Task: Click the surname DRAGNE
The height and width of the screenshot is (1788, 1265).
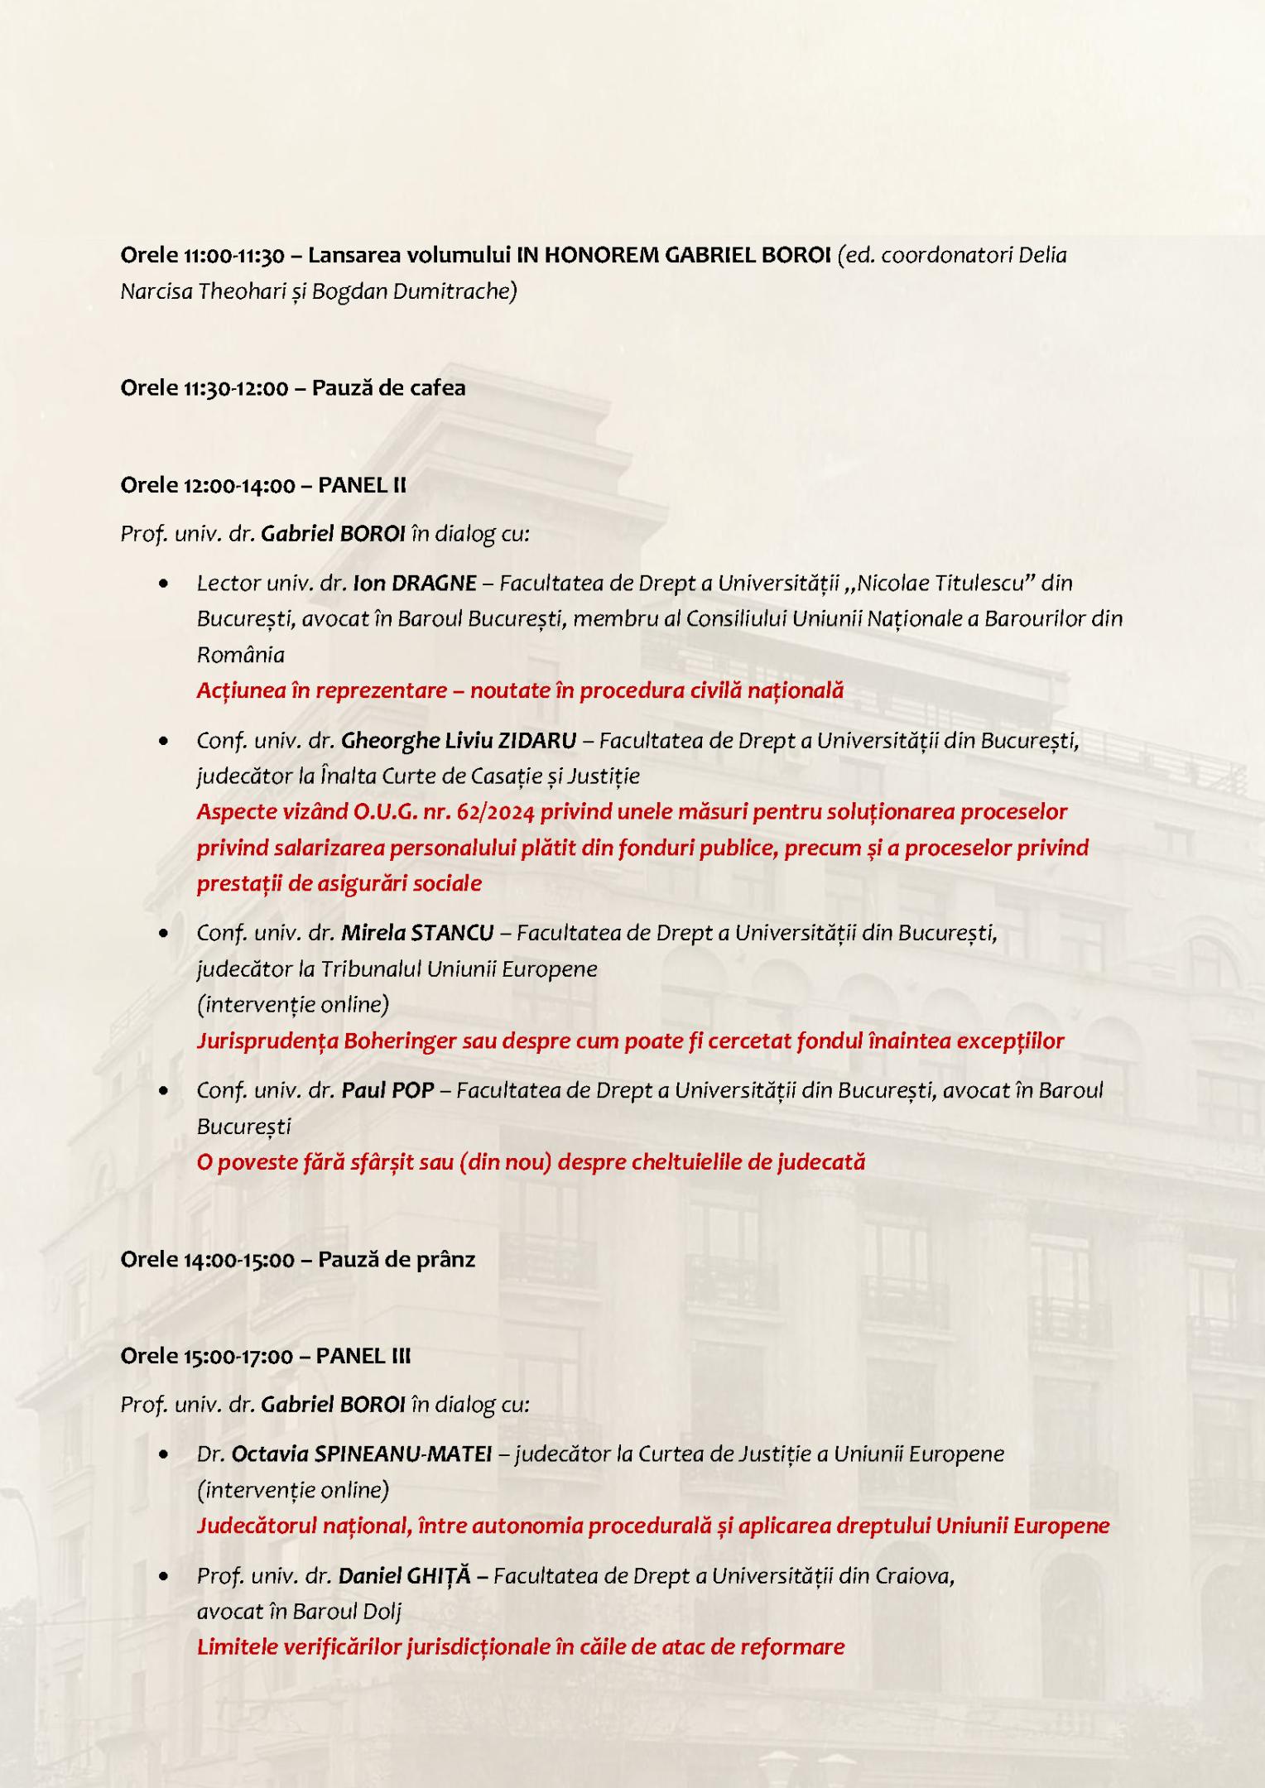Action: point(433,584)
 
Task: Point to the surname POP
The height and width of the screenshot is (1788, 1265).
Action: point(413,1090)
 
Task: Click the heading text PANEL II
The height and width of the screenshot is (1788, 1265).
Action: point(363,485)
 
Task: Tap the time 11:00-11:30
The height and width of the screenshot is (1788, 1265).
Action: point(233,255)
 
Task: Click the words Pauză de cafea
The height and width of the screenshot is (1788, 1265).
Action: point(388,387)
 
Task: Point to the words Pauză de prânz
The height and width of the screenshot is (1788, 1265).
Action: point(397,1259)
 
